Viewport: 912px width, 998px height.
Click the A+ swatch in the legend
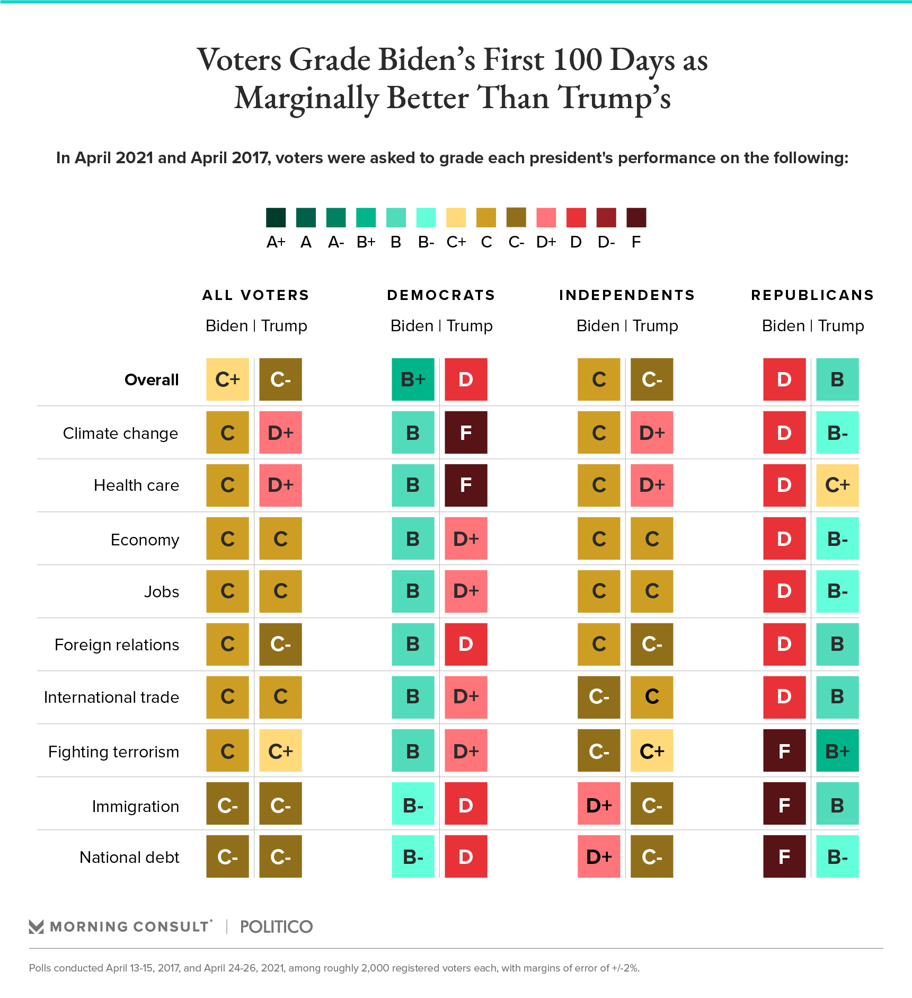point(276,217)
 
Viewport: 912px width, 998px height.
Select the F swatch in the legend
point(636,217)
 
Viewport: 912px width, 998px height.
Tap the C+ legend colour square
point(456,217)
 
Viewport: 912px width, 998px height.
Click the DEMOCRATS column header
point(441,295)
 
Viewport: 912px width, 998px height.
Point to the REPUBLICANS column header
point(812,295)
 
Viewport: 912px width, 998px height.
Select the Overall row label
point(152,380)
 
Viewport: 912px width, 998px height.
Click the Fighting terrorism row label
point(113,752)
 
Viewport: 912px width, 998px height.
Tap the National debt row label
point(129,857)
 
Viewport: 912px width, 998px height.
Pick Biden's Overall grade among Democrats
point(413,379)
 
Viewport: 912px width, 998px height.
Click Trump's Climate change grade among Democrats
point(466,432)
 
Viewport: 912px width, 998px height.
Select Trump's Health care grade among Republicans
point(837,485)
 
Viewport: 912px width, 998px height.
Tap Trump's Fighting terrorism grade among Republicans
point(837,750)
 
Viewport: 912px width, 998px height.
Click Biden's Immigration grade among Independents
point(599,803)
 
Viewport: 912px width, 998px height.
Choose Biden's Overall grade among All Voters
point(227,379)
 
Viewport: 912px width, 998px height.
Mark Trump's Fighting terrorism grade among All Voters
point(280,750)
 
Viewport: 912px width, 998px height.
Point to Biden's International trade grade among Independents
point(599,697)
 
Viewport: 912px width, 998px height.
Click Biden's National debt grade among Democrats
point(413,856)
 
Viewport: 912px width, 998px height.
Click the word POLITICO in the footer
point(276,926)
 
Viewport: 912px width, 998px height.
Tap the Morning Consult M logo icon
point(36,926)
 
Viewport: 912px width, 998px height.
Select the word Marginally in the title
point(307,99)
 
